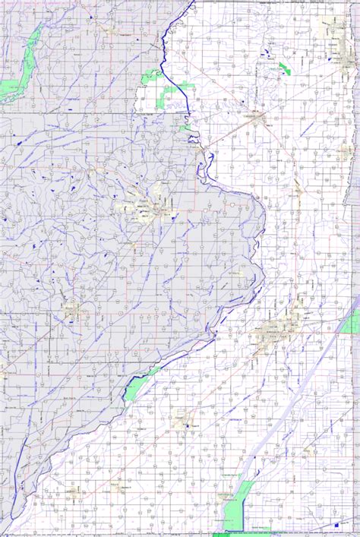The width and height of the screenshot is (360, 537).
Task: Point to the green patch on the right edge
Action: coord(352,322)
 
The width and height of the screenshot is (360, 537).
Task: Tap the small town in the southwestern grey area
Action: coord(72,310)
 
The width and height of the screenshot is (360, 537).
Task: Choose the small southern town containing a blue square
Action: coord(182,419)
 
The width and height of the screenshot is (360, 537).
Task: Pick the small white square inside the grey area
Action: coord(232,205)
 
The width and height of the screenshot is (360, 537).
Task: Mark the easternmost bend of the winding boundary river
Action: coord(264,228)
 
